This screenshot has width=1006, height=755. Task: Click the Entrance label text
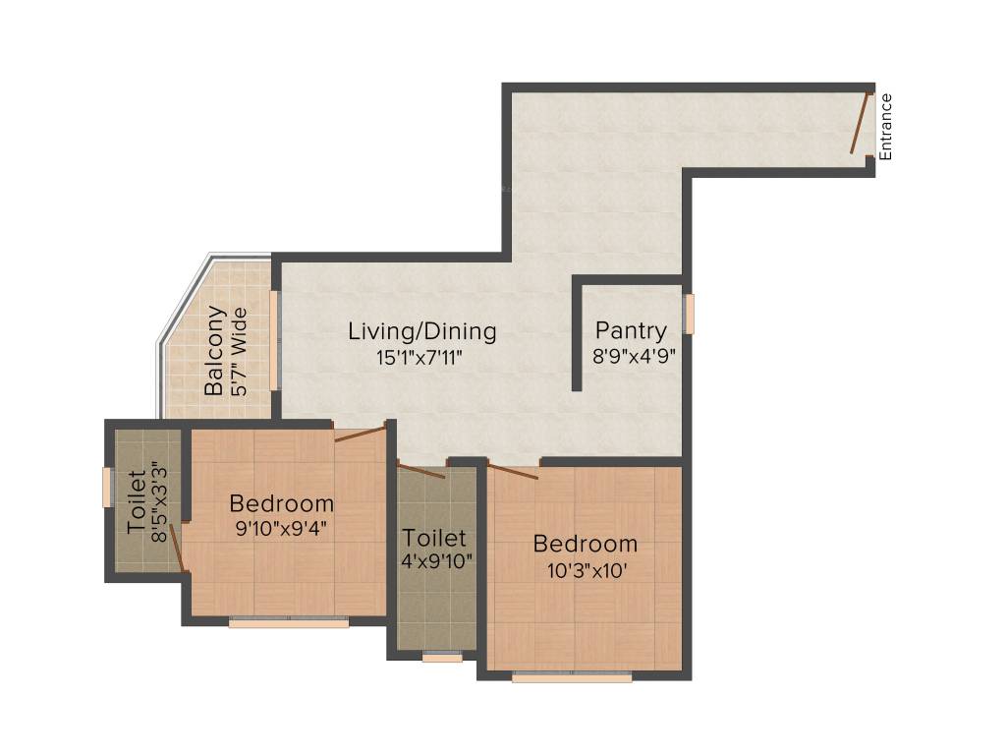pos(886,126)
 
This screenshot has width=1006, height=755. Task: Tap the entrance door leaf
pos(861,124)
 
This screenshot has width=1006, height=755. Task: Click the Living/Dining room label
pos(422,331)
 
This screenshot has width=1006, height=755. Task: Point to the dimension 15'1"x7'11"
pos(419,358)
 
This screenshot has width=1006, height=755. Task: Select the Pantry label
pos(631,331)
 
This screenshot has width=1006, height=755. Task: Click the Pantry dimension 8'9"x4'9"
pos(634,358)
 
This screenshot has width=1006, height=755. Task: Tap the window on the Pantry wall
pos(690,314)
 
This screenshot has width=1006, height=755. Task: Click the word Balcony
pos(215,351)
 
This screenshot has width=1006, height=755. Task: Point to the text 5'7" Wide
pos(239,353)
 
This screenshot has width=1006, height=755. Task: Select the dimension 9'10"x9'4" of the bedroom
pos(281,529)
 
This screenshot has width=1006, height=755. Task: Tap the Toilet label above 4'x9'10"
pos(434,539)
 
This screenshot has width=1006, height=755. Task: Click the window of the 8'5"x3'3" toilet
pos(107,488)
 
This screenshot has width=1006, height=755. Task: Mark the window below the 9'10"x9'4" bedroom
pos(289,622)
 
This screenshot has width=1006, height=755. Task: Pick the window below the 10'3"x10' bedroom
pos(572,676)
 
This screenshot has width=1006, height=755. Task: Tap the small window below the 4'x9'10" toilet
pos(442,657)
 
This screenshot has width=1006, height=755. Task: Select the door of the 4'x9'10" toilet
pos(420,470)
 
